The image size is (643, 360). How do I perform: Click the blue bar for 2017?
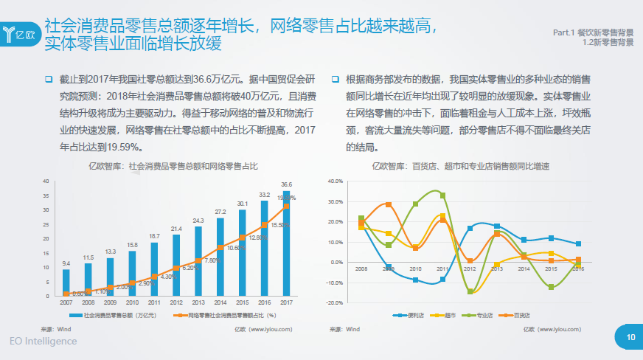coord(286,243)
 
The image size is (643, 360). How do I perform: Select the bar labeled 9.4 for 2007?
coord(66,283)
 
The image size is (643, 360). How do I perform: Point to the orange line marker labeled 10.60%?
coord(220,247)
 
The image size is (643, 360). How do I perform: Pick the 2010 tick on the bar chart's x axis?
coord(132,302)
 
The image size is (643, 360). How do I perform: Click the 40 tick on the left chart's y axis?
coord(46,181)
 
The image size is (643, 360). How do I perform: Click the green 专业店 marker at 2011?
coord(443,195)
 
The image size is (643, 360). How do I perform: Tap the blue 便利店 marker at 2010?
coord(416,280)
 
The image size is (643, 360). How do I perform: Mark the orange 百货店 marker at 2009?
coord(389,204)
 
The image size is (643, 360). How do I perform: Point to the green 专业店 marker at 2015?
coord(551,287)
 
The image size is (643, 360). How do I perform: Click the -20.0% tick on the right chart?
coord(335,302)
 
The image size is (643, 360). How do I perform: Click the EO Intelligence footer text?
coord(44,342)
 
